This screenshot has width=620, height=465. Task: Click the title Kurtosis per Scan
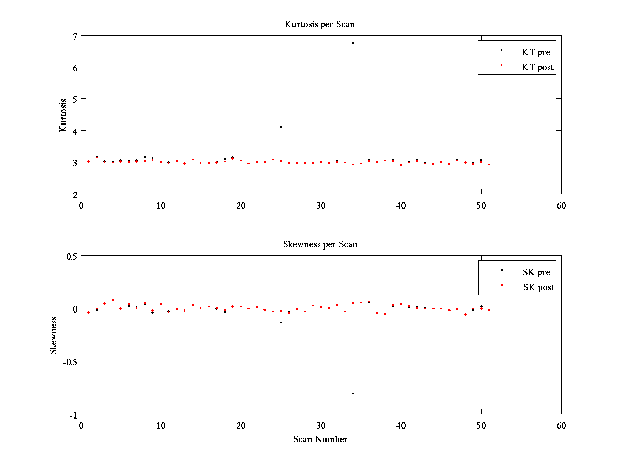[320, 24]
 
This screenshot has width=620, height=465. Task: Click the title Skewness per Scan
[320, 244]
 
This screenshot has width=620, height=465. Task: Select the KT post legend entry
[537, 67]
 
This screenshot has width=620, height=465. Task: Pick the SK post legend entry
[538, 287]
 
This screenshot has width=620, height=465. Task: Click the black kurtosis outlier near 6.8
[353, 43]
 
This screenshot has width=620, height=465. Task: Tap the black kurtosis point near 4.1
[281, 127]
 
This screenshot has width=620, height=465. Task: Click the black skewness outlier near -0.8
[353, 394]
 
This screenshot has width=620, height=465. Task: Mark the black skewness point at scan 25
[281, 322]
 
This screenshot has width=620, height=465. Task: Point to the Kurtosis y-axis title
[63, 115]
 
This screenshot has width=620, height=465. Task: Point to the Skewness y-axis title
[53, 335]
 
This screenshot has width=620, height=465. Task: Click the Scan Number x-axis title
[320, 439]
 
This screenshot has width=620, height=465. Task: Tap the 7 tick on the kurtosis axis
[75, 36]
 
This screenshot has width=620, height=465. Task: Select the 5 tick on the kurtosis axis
[75, 99]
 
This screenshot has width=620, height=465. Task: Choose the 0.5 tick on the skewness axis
[72, 256]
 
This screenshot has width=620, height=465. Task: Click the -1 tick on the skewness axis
[74, 415]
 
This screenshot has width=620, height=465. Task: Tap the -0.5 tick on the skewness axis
[71, 362]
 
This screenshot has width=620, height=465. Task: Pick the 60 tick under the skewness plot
[561, 426]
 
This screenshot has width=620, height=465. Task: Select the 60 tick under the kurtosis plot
[561, 206]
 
